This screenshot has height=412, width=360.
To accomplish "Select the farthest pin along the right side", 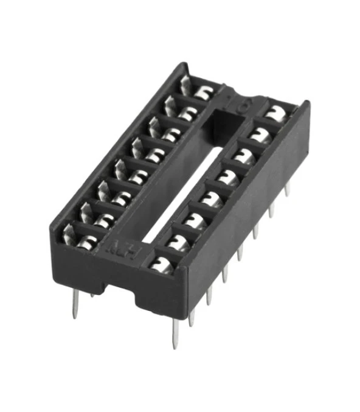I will [288, 187].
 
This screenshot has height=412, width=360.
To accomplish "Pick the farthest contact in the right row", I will [277, 112].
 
